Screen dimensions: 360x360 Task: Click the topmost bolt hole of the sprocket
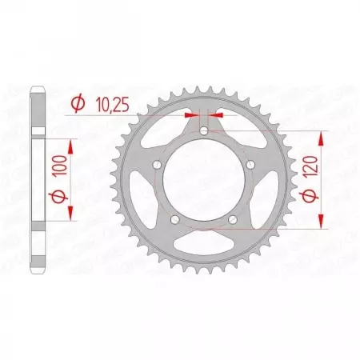[204, 130]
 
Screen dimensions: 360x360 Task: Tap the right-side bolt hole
[251, 165]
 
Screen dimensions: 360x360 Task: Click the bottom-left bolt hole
[174, 220]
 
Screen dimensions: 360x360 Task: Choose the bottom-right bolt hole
[233, 220]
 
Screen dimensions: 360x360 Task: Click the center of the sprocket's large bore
[204, 180]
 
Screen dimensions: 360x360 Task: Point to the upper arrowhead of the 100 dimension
[70, 144]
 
